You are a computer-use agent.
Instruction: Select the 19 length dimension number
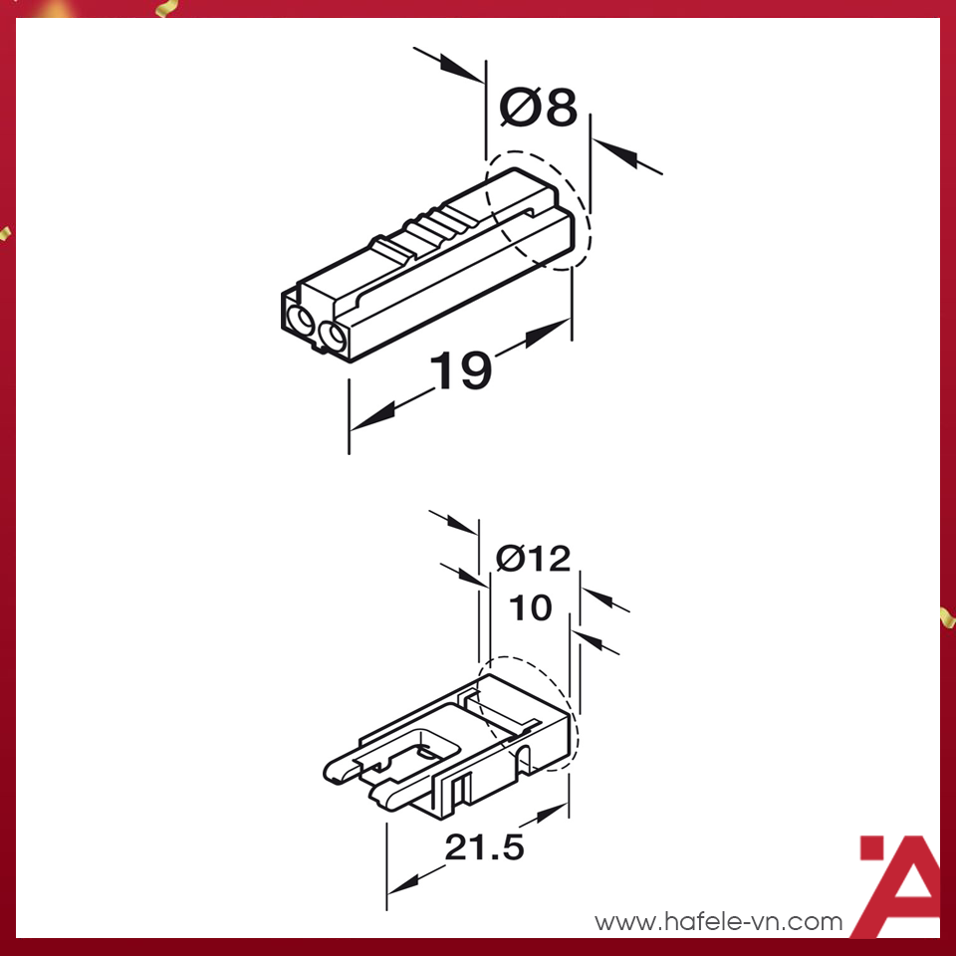pos(461,370)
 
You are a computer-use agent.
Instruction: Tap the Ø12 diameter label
pos(534,559)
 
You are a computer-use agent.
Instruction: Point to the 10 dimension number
pos(530,607)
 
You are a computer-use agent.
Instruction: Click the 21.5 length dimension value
pos(483,848)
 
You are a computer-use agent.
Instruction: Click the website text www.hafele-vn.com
pos(718,922)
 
